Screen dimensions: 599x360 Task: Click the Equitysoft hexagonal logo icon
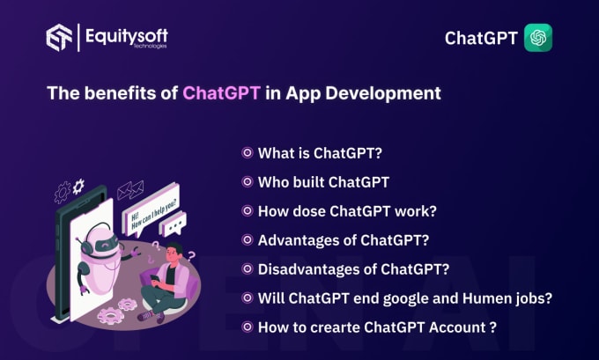point(59,38)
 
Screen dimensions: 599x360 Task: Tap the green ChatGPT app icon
point(538,38)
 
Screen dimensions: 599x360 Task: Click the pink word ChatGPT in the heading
point(222,93)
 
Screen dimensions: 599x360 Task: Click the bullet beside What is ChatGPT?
point(248,153)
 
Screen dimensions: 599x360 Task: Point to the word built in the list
point(310,182)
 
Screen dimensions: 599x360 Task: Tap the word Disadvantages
point(309,269)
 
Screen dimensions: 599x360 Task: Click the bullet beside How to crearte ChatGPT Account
point(248,327)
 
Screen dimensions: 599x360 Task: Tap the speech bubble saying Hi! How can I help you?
point(151,211)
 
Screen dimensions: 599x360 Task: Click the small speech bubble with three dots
point(174,224)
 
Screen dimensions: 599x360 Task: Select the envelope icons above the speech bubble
point(130,190)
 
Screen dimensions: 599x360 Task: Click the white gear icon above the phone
point(78,187)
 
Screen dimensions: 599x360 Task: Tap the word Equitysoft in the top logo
point(127,36)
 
